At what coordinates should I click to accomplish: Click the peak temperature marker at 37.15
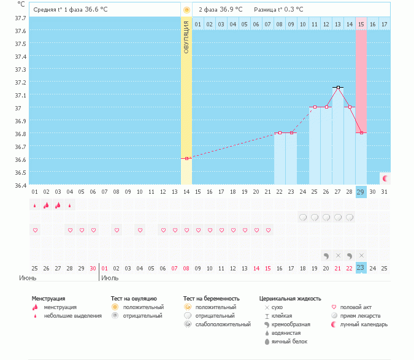click(x=338, y=87)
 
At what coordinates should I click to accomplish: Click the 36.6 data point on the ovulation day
click(x=186, y=158)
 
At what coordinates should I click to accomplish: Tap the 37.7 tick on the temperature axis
click(x=20, y=18)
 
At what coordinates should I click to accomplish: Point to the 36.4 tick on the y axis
click(x=20, y=185)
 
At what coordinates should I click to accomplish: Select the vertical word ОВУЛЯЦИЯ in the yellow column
click(x=186, y=37)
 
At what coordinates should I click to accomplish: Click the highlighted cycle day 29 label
click(x=361, y=192)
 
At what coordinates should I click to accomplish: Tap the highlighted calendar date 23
click(x=361, y=267)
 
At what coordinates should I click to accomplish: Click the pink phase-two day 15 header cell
click(x=361, y=24)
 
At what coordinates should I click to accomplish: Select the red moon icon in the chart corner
click(x=385, y=178)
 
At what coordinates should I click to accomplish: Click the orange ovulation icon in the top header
click(x=186, y=10)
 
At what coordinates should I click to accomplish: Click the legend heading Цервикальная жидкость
click(x=290, y=299)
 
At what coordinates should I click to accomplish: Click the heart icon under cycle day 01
click(x=35, y=230)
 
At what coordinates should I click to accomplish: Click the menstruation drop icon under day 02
click(x=46, y=205)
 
